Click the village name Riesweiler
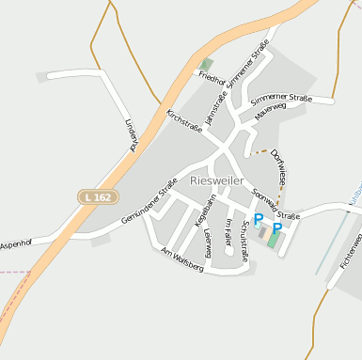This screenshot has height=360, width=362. click(218, 179)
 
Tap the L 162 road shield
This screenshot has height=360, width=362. click(95, 197)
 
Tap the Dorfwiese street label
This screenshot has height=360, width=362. click(279, 164)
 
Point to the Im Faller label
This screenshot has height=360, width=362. click(228, 231)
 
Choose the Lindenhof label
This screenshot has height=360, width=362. click(130, 134)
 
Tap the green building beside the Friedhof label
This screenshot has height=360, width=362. click(206, 64)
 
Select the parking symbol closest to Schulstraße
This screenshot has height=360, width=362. click(259, 219)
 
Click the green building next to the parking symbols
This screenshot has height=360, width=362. click(274, 241)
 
